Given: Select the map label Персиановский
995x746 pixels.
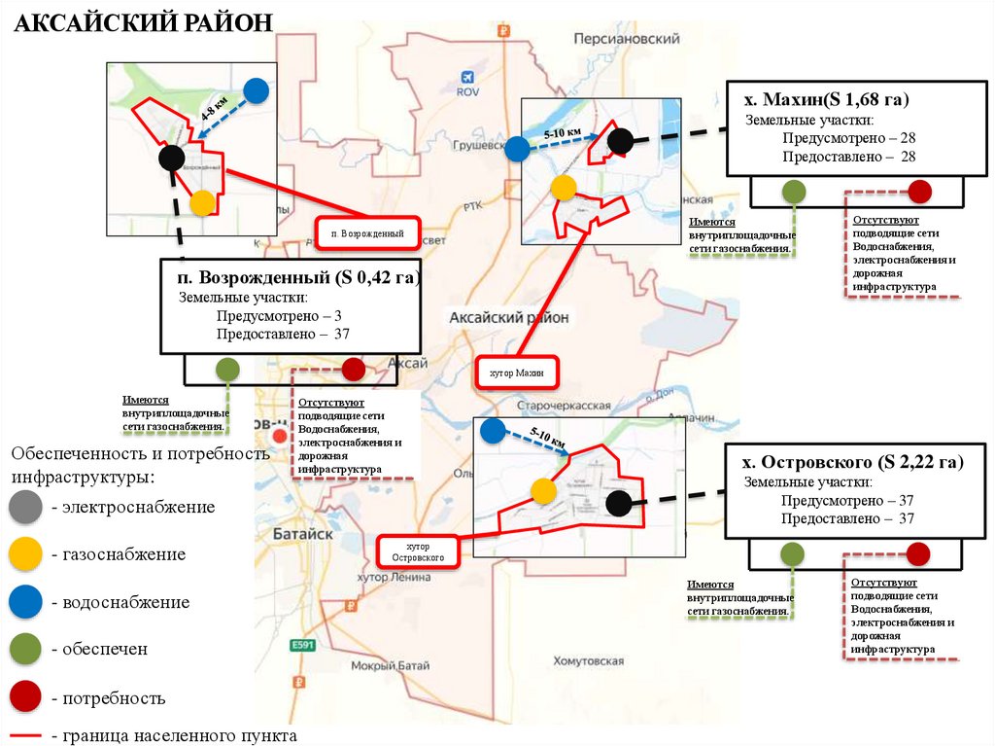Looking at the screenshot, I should (626, 39).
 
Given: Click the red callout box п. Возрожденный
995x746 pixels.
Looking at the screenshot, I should (367, 233).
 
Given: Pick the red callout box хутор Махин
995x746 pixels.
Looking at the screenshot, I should (518, 373).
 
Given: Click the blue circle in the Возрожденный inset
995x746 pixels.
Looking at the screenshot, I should (256, 90).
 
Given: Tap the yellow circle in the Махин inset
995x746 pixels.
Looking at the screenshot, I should (564, 188).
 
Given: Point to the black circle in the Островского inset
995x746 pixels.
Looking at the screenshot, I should (617, 503).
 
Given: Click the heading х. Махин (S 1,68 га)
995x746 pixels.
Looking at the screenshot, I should (826, 100).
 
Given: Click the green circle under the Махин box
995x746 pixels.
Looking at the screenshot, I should (794, 192).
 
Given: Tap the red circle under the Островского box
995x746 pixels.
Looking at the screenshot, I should (917, 554).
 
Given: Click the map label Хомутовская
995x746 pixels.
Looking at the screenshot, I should (588, 661).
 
